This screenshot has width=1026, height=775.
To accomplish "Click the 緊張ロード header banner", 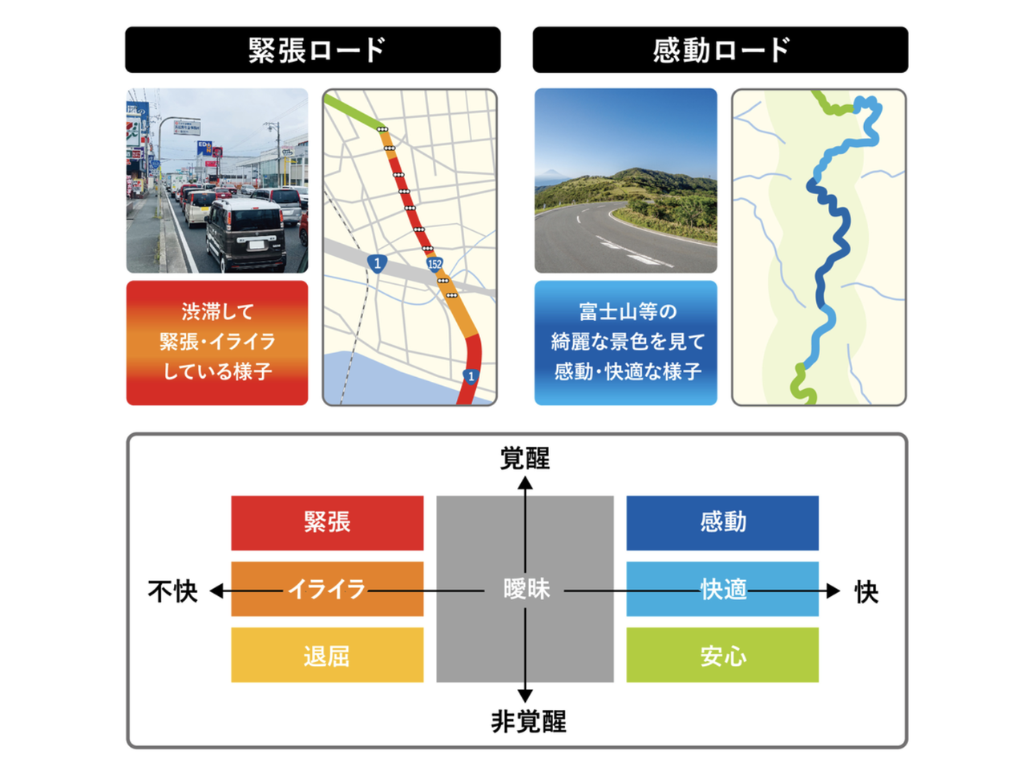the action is tap(313, 50).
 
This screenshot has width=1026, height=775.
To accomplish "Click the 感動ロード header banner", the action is tap(720, 50).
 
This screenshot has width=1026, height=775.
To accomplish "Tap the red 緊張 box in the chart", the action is tap(327, 523).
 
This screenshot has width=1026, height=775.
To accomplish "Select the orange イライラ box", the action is tap(327, 589).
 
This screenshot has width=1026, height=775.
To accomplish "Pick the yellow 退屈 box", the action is tap(327, 655).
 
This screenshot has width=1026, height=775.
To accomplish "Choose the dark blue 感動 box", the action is tap(722, 523).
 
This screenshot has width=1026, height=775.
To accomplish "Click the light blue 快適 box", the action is tap(722, 589).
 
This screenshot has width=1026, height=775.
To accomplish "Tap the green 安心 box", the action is tap(722, 655).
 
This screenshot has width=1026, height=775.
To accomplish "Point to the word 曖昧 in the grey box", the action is tap(527, 589).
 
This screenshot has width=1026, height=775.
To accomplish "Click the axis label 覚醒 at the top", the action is tap(524, 458).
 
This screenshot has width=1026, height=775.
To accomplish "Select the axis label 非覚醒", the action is tap(528, 722).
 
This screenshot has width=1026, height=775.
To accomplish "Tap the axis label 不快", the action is tap(172, 591).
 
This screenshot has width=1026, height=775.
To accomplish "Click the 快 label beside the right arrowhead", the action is tap(866, 592).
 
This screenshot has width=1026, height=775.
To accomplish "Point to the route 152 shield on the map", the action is tap(434, 264).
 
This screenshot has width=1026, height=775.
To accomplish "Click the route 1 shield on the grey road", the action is tap(377, 264).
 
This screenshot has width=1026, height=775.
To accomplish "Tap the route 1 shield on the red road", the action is tap(471, 376).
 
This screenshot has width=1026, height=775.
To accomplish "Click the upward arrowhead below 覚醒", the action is tap(525, 483).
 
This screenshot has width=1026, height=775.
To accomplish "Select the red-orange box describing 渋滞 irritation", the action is tap(217, 343).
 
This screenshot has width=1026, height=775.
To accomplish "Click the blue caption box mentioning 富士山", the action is tap(625, 343).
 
